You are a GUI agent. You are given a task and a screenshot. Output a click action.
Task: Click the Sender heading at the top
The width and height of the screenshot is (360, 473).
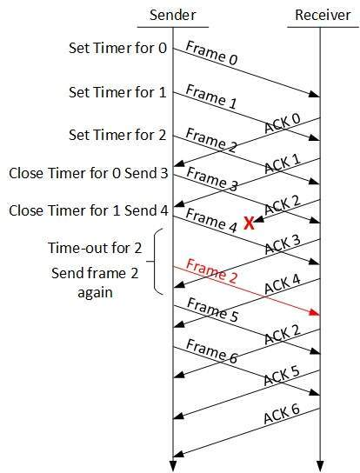click(x=173, y=15)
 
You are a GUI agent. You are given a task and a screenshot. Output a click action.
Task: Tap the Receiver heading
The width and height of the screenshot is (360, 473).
click(x=323, y=15)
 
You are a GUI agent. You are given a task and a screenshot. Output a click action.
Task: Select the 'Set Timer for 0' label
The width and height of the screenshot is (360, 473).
click(x=117, y=48)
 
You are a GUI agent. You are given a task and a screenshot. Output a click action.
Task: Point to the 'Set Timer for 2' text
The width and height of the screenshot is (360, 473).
click(x=117, y=135)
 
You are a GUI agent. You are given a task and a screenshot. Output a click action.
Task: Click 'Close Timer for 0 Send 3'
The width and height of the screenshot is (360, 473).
click(x=89, y=173)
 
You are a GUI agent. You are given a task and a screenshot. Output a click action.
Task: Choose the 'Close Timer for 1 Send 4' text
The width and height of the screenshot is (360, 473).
click(x=89, y=210)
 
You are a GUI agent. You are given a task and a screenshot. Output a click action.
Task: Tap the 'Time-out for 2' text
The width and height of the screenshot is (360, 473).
click(x=95, y=248)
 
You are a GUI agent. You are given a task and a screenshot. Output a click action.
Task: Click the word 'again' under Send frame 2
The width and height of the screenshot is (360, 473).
click(x=95, y=293)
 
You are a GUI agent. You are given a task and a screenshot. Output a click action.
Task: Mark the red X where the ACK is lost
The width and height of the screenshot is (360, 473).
click(x=249, y=223)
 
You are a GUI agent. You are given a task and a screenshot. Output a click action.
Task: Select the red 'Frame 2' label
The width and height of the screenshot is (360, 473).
click(x=212, y=271)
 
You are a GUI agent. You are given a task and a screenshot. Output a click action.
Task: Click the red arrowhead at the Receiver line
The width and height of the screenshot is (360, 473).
click(x=315, y=313)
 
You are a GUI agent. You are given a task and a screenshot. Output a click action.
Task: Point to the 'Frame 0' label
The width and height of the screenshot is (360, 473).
click(x=212, y=53)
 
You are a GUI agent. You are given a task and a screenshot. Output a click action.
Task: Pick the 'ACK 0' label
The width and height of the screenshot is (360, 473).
click(x=283, y=123)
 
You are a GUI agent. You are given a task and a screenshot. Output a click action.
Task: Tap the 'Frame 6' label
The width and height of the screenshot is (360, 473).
click(x=212, y=350)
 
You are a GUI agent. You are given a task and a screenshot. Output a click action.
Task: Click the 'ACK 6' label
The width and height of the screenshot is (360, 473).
click(x=282, y=414)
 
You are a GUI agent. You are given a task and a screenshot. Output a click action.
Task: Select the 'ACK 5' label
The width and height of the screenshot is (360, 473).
click(x=282, y=376)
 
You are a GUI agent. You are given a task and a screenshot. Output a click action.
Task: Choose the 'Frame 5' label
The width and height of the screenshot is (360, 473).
click(x=212, y=310)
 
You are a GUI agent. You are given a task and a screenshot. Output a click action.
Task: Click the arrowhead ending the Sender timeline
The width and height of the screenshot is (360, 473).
click(x=173, y=466)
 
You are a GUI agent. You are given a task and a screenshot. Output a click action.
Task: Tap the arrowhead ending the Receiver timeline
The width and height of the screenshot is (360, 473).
click(x=320, y=466)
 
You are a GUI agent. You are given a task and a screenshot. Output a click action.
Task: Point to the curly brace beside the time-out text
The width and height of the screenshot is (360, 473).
click(x=154, y=261)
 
